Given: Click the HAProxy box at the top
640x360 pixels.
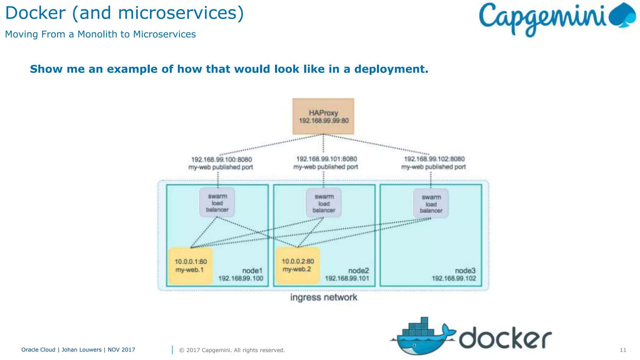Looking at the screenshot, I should click(x=323, y=116).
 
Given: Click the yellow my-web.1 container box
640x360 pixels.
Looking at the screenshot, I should click(x=190, y=266).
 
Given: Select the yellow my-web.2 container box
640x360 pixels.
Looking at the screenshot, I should click(x=297, y=265).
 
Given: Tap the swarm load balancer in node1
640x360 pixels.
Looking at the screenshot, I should click(x=217, y=202).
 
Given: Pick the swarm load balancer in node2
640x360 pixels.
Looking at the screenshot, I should click(x=324, y=203).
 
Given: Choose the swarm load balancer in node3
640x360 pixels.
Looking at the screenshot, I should click(x=431, y=204).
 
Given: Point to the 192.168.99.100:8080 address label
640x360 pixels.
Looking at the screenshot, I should click(x=221, y=160).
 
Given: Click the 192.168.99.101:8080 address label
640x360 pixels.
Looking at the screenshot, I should click(x=326, y=159).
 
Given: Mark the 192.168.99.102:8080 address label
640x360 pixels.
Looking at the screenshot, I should click(x=434, y=159).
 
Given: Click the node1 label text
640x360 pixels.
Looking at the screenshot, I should click(x=252, y=271).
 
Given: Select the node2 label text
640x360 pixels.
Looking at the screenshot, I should click(x=358, y=271).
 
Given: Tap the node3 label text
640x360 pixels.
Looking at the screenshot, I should click(x=465, y=271).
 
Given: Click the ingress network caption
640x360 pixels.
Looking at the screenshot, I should click(x=323, y=297).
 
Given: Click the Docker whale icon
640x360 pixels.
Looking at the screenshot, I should click(x=422, y=337).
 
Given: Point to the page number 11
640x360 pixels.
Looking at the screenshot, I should click(x=623, y=350).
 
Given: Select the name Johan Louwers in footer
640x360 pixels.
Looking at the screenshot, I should click(x=82, y=350).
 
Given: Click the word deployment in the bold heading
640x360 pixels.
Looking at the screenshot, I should click(x=391, y=69).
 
